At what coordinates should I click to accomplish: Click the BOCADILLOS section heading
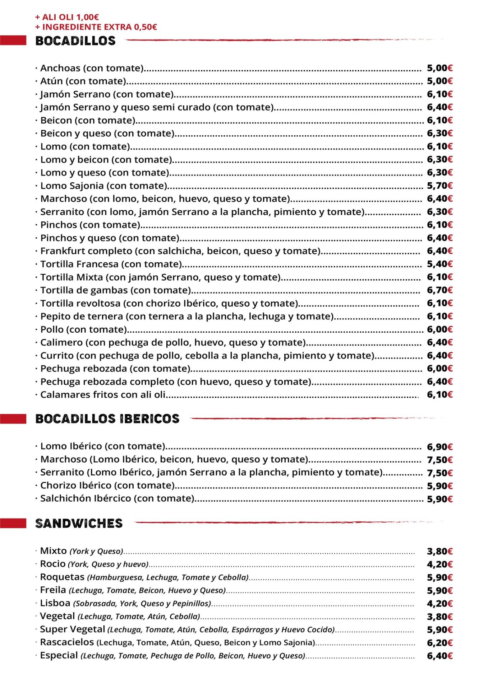pyautogui.click(x=75, y=41)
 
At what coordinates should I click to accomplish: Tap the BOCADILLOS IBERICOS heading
pyautogui.click(x=107, y=418)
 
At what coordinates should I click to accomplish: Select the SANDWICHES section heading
pyautogui.click(x=79, y=523)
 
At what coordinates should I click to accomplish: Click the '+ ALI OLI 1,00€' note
pyautogui.click(x=67, y=17)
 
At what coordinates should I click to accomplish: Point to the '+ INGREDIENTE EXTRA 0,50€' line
pyautogui.click(x=96, y=27)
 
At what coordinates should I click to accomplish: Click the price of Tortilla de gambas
pyautogui.click(x=439, y=290)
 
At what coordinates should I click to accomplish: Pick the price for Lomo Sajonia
pyautogui.click(x=439, y=186)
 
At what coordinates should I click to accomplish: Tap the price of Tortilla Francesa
pyautogui.click(x=439, y=264)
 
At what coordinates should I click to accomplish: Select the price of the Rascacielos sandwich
pyautogui.click(x=439, y=643)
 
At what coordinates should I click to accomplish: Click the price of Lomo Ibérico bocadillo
pyautogui.click(x=439, y=447)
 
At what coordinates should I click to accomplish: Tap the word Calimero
pyautogui.click(x=61, y=342)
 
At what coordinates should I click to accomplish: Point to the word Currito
pyautogui.click(x=57, y=355)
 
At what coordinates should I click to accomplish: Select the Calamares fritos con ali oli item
pyautogui.click(x=103, y=394)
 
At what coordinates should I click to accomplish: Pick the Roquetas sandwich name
pyautogui.click(x=62, y=577)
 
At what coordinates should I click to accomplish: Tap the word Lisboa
pyautogui.click(x=55, y=603)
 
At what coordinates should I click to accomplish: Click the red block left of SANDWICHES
pyautogui.click(x=13, y=523)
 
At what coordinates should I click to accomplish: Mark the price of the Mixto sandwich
pyautogui.click(x=439, y=551)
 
